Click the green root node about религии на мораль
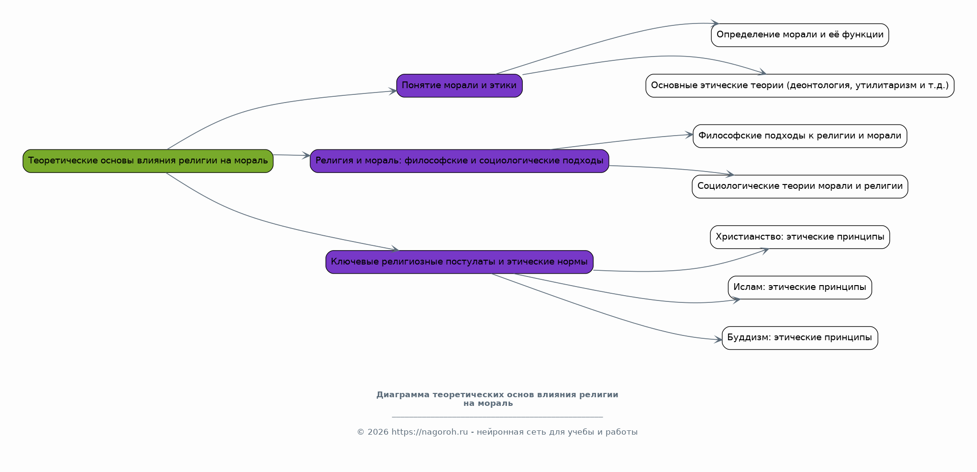(x=148, y=161)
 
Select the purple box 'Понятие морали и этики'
(x=460, y=86)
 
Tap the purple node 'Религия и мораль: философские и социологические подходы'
(x=460, y=161)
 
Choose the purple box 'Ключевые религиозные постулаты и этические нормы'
(x=460, y=262)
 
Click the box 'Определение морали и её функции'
(x=800, y=35)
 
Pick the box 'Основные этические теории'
(x=800, y=86)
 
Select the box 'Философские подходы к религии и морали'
(x=800, y=136)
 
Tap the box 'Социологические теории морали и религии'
(x=800, y=186)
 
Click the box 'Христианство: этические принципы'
(x=800, y=237)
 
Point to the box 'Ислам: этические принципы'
(x=800, y=288)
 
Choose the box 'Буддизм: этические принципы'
(x=800, y=338)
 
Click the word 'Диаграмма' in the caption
(x=403, y=395)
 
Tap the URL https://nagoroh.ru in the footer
(x=429, y=432)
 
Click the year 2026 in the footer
(x=378, y=432)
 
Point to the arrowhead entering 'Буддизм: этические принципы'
(x=718, y=340)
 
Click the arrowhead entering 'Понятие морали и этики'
(x=393, y=91)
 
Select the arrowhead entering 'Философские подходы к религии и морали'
(x=689, y=135)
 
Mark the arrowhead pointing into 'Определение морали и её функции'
(x=715, y=23)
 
